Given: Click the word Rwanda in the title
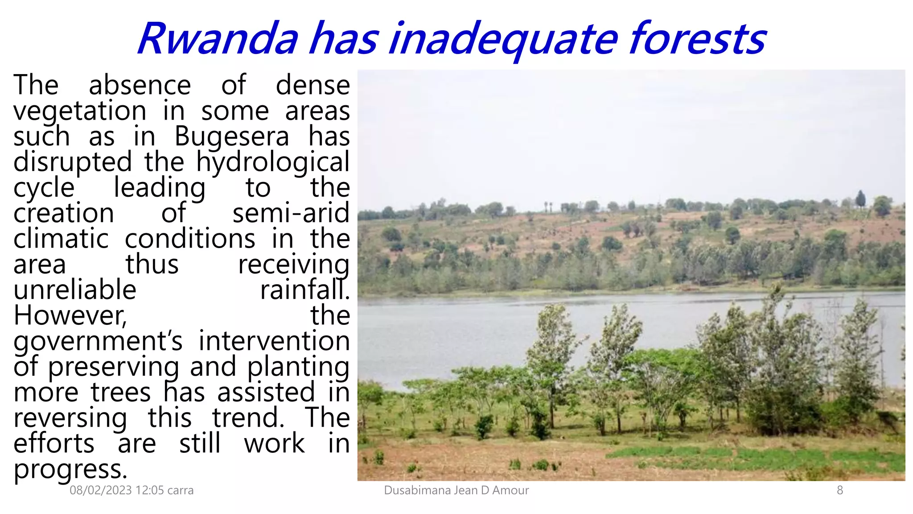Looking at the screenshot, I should click(x=218, y=39).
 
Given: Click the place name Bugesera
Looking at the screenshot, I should click(x=231, y=137).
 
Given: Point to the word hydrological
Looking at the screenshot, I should click(x=273, y=162).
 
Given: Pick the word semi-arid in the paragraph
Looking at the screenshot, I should click(x=291, y=213).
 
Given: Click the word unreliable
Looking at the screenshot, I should click(x=75, y=290).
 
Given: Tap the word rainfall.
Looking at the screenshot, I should click(x=304, y=290).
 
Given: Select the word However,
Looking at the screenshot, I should click(x=70, y=315).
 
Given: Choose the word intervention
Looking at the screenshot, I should click(x=274, y=341).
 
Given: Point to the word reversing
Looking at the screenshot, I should click(x=70, y=419).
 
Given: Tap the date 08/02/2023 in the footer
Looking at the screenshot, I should click(x=101, y=490).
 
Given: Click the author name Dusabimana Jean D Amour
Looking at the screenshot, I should click(x=456, y=490).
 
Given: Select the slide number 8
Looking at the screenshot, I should click(x=839, y=490).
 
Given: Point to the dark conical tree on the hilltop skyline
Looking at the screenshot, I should click(x=860, y=199).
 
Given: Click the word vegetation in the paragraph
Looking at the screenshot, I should click(x=80, y=112).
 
